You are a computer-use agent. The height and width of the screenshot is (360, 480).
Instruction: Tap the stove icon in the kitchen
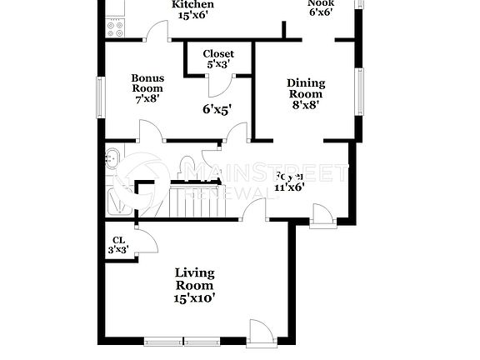click(x=115, y=28)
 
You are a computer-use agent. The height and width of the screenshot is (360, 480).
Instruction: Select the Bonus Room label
click(x=147, y=87)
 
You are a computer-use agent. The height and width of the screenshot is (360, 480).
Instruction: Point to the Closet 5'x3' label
click(x=218, y=58)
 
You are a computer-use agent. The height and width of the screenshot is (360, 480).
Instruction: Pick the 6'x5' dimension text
click(x=217, y=108)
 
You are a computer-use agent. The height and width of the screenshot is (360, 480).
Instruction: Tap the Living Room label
click(x=194, y=279)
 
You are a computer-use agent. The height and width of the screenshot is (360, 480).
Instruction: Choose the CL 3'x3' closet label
click(x=119, y=245)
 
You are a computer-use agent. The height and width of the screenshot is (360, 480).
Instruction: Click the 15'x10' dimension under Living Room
click(x=194, y=297)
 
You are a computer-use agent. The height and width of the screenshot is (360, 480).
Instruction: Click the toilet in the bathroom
click(x=187, y=163)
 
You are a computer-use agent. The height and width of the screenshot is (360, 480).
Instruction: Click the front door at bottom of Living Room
click(x=260, y=332)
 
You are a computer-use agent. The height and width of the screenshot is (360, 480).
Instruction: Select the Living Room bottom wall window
click(x=183, y=340)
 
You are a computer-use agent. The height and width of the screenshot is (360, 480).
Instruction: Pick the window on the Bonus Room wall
click(x=101, y=97)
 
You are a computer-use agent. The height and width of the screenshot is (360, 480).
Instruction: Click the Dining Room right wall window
click(x=360, y=92)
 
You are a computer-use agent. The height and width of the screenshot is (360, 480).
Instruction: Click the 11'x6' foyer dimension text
click(x=290, y=187)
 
